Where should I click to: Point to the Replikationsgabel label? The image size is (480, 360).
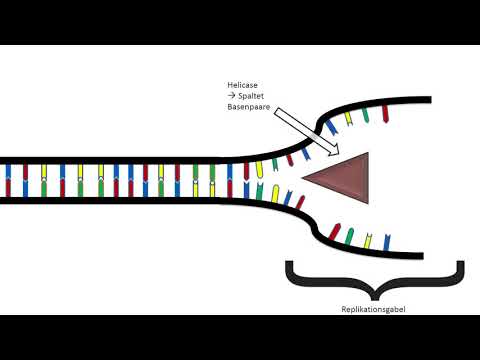(x=375, y=309)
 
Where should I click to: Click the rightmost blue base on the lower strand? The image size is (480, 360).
(x=388, y=240)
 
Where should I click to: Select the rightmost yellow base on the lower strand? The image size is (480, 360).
(x=369, y=241)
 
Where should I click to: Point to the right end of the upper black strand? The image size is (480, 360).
(x=430, y=100)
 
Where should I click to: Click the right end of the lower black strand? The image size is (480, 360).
(x=430, y=253)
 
